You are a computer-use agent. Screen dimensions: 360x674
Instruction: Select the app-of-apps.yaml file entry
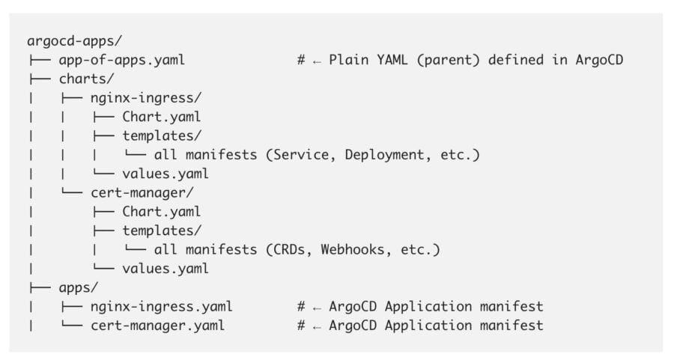(x=121, y=60)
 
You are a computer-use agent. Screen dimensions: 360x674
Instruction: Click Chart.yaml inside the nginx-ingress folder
(x=161, y=117)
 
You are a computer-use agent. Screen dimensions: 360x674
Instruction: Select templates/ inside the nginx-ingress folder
(x=161, y=135)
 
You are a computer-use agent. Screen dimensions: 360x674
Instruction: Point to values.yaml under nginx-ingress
(x=165, y=174)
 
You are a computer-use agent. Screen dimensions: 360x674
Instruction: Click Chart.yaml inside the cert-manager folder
(x=161, y=212)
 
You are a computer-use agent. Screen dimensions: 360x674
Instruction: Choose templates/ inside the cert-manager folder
(x=161, y=231)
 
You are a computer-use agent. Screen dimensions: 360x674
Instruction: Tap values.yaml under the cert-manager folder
(x=165, y=268)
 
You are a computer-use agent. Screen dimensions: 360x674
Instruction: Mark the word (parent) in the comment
(x=448, y=60)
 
